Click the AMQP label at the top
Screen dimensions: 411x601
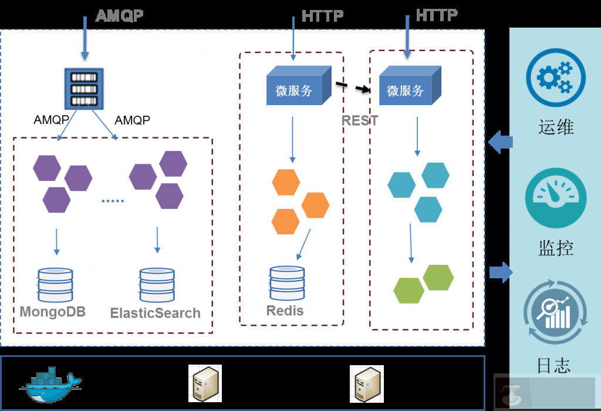pyautogui.click(x=119, y=15)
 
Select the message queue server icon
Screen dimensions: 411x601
pyautogui.click(x=84, y=88)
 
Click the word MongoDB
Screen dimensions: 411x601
pyautogui.click(x=53, y=311)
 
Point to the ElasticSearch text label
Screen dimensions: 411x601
pyautogui.click(x=156, y=313)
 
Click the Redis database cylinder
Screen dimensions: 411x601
pyautogui.click(x=287, y=284)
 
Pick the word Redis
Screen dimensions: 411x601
pyautogui.click(x=285, y=311)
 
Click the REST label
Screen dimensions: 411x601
pyautogui.click(x=360, y=121)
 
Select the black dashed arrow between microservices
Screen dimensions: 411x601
pyautogui.click(x=354, y=87)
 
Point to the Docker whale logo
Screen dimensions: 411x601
pyautogui.click(x=50, y=385)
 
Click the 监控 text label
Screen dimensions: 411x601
pyautogui.click(x=555, y=248)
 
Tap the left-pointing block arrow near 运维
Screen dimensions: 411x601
pyautogui.click(x=500, y=142)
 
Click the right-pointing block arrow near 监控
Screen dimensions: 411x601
pyautogui.click(x=501, y=271)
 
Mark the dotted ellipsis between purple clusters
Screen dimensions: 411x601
pyautogui.click(x=113, y=201)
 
